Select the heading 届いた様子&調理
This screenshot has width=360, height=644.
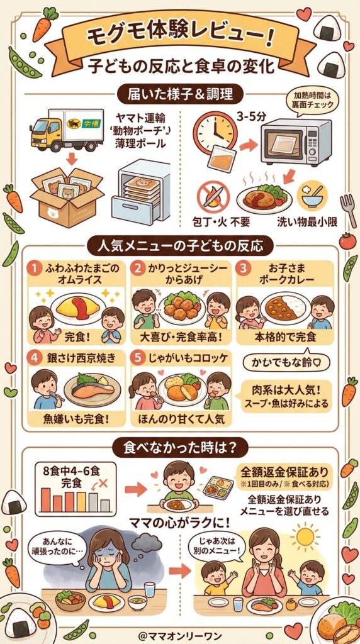[x=180, y=95]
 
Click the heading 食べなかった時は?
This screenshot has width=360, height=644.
[x=179, y=448]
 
